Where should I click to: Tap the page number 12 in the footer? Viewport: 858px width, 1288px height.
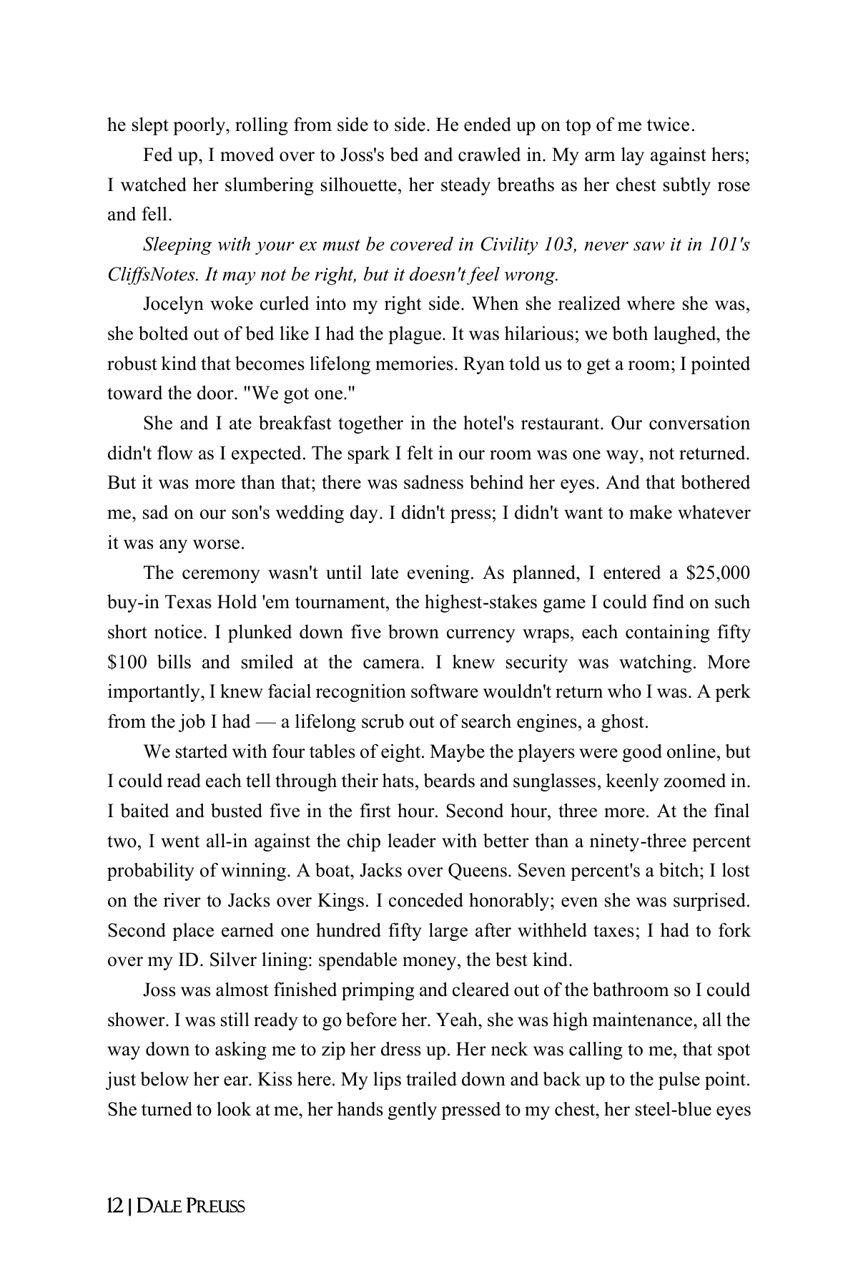tap(114, 1207)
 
